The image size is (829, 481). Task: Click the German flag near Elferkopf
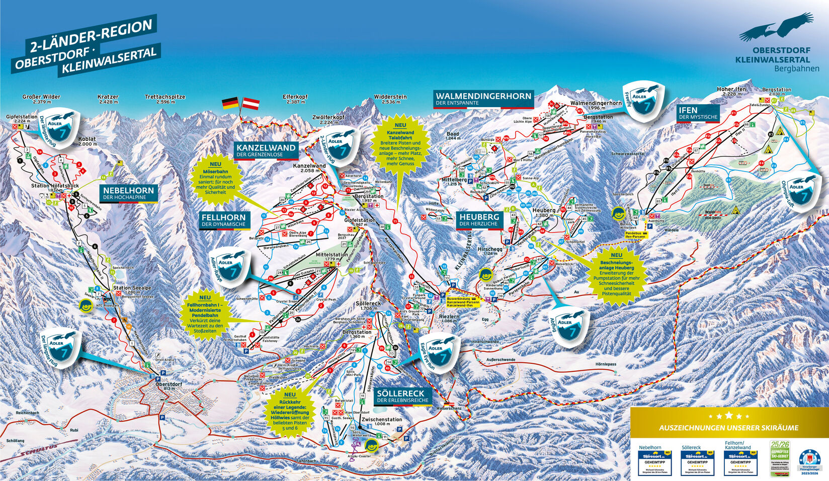[x=230, y=104]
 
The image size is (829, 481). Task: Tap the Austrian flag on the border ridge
[x=251, y=104]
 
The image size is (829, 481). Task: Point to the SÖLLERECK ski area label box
[x=403, y=396]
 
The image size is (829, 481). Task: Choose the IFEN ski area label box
[x=698, y=113]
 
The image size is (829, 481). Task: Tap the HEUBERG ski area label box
[x=479, y=220]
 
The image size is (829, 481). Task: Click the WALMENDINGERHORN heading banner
[x=483, y=99]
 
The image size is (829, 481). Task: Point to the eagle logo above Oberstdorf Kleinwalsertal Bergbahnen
[x=776, y=29]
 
